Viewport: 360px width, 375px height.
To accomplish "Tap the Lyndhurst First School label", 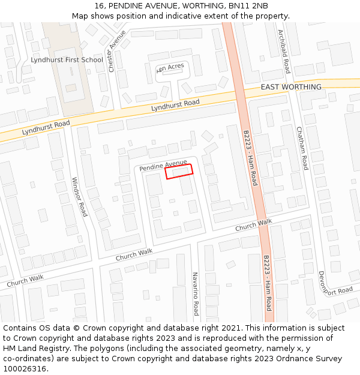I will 67,60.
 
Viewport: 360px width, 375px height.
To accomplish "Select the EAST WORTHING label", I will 291,87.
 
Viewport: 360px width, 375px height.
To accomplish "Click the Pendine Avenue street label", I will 163,166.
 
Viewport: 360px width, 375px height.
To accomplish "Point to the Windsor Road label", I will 79,197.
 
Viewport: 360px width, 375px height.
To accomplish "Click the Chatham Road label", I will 301,148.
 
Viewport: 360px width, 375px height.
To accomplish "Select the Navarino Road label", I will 196,293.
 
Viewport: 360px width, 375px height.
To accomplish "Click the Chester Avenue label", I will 117,51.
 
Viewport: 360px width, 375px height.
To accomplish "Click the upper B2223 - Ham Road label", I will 250,157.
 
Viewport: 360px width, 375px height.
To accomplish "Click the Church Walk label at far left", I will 25,280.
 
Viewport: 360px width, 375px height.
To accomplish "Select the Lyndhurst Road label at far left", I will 46,127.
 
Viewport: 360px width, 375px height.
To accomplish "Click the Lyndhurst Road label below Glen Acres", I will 175,105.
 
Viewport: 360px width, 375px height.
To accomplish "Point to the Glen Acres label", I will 171,68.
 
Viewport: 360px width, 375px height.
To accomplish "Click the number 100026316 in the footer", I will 25,368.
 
